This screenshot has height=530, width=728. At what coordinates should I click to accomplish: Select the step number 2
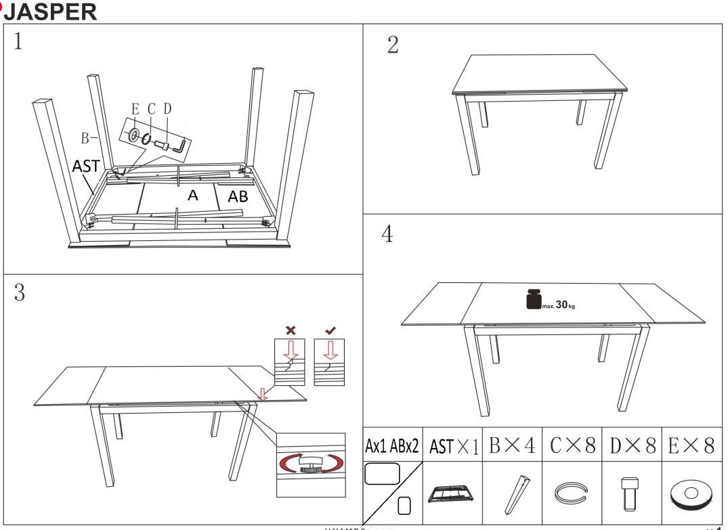pyautogui.click(x=393, y=45)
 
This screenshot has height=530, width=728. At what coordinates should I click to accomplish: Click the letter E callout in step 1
pyautogui.click(x=135, y=109)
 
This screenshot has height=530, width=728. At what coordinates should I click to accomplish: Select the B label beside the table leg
pyautogui.click(x=85, y=138)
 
